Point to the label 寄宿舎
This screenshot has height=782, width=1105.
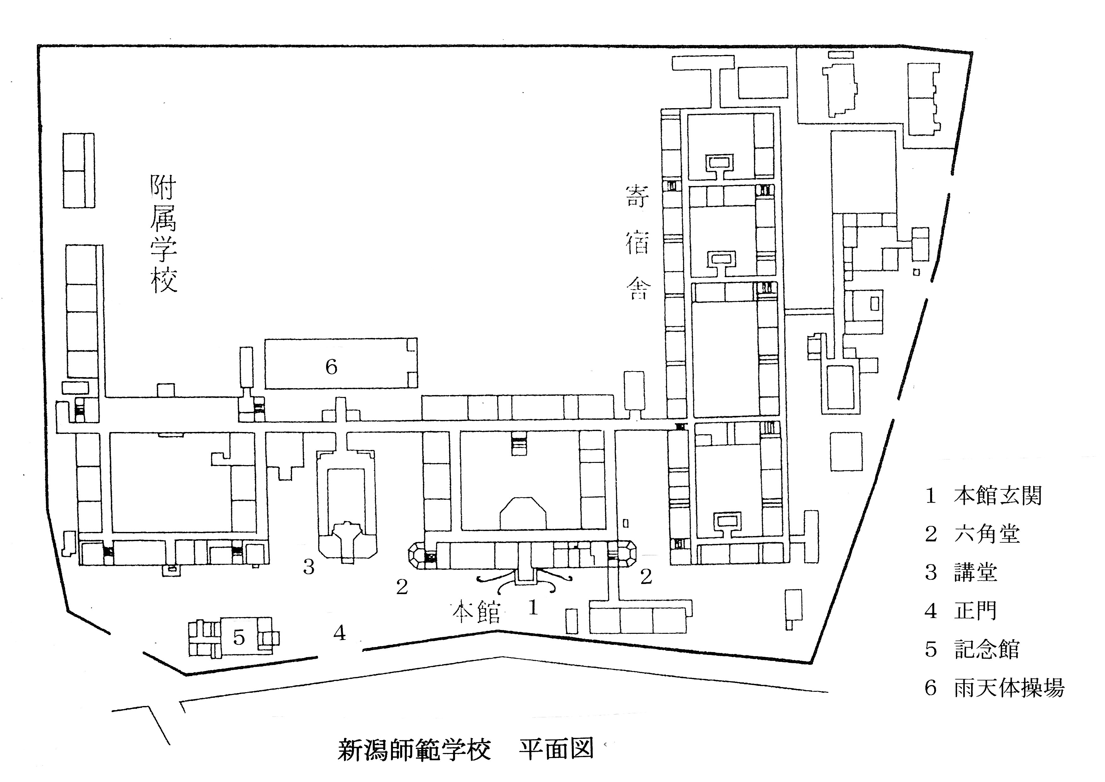pyautogui.click(x=638, y=242)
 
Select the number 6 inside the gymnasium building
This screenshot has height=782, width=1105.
pyautogui.click(x=331, y=367)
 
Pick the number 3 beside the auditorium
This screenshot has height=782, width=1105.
pyautogui.click(x=308, y=567)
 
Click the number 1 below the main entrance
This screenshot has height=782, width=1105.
pyautogui.click(x=533, y=608)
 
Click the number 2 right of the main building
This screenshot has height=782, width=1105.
pyautogui.click(x=646, y=576)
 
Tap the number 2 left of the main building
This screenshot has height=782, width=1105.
pyautogui.click(x=402, y=586)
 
